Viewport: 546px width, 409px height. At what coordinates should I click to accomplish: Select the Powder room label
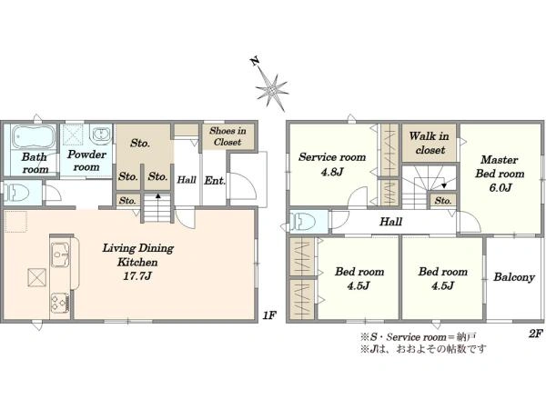click(x=86, y=160)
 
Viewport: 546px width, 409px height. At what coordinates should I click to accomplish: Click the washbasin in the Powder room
click(x=101, y=135)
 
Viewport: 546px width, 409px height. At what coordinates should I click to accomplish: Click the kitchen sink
click(x=61, y=254)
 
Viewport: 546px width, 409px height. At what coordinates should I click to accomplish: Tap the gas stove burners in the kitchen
click(x=59, y=304)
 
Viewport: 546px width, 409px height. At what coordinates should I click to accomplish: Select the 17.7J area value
click(x=137, y=276)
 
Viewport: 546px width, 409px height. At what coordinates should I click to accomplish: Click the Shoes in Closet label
click(x=227, y=136)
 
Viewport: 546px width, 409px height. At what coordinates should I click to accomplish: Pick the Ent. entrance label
click(x=215, y=181)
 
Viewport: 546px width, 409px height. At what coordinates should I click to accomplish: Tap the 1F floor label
click(x=269, y=315)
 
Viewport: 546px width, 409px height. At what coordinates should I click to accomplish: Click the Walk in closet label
click(x=429, y=143)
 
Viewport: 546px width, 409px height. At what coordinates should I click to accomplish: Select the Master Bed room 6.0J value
click(x=500, y=188)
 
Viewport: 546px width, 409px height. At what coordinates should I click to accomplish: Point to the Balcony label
click(x=514, y=277)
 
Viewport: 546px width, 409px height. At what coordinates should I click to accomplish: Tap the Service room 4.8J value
click(x=332, y=172)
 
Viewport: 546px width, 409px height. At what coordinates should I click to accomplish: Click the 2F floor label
click(x=536, y=334)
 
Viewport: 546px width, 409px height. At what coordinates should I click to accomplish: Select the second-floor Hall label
click(x=390, y=222)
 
